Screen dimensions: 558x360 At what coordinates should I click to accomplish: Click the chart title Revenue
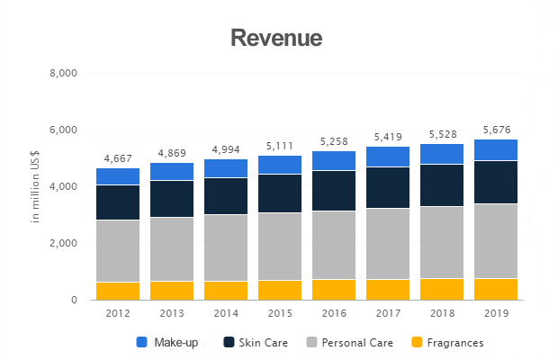[x=276, y=38]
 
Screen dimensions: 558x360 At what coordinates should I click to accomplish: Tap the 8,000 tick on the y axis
[x=63, y=73]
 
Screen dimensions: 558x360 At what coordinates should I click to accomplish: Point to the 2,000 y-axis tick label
[x=63, y=243]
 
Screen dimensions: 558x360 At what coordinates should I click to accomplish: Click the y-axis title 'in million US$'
[x=35, y=187]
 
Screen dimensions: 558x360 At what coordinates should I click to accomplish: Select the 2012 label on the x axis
[x=118, y=313]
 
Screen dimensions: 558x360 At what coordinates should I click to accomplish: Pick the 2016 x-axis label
[x=334, y=313]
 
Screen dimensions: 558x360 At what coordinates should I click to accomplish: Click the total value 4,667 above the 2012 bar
[x=118, y=158]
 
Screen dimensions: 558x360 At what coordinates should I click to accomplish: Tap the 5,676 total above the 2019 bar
[x=497, y=130]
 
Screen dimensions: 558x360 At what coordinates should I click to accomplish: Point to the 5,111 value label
[x=280, y=146]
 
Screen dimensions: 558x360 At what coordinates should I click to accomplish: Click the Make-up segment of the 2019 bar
[x=496, y=149]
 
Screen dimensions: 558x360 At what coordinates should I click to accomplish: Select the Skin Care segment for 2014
[x=226, y=196]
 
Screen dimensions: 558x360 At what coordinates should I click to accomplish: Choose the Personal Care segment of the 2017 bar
[x=388, y=244]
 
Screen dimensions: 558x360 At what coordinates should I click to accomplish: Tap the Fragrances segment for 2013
[x=172, y=291]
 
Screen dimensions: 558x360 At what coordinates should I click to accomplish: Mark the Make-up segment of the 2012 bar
[x=118, y=176]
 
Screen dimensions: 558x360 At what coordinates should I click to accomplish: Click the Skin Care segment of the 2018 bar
[x=442, y=185]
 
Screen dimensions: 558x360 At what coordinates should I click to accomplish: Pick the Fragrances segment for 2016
[x=334, y=290]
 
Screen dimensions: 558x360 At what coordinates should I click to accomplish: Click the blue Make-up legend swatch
[x=141, y=342]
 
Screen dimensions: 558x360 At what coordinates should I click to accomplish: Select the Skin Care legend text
[x=263, y=343]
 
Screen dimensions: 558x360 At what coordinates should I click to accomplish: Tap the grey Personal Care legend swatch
[x=311, y=342]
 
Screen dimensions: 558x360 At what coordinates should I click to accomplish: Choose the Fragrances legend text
[x=455, y=343]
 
